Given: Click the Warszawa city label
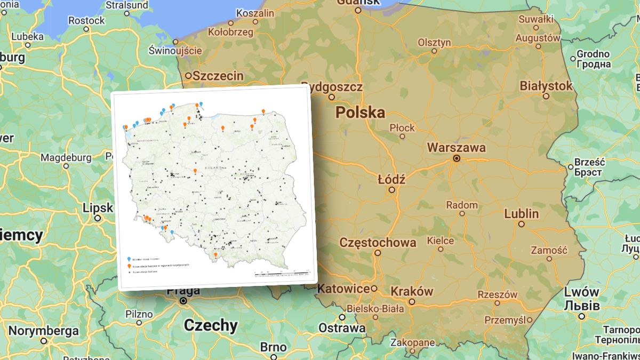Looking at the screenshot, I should click(457, 147).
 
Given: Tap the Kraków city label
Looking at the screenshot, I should click(411, 292).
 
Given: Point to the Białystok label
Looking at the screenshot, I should click(546, 86).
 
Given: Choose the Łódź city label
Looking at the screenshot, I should click(391, 179).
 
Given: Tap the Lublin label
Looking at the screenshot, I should click(522, 214).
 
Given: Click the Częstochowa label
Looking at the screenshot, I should click(378, 243).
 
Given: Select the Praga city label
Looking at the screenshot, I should click(183, 291).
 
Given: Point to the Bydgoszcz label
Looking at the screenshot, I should click(332, 87).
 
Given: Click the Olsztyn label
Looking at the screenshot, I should click(434, 43).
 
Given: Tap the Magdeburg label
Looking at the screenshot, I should click(66, 158).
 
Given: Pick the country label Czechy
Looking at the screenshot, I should click(211, 325).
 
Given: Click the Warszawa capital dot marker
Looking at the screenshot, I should click(457, 158).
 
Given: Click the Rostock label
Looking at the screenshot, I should click(86, 20).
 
